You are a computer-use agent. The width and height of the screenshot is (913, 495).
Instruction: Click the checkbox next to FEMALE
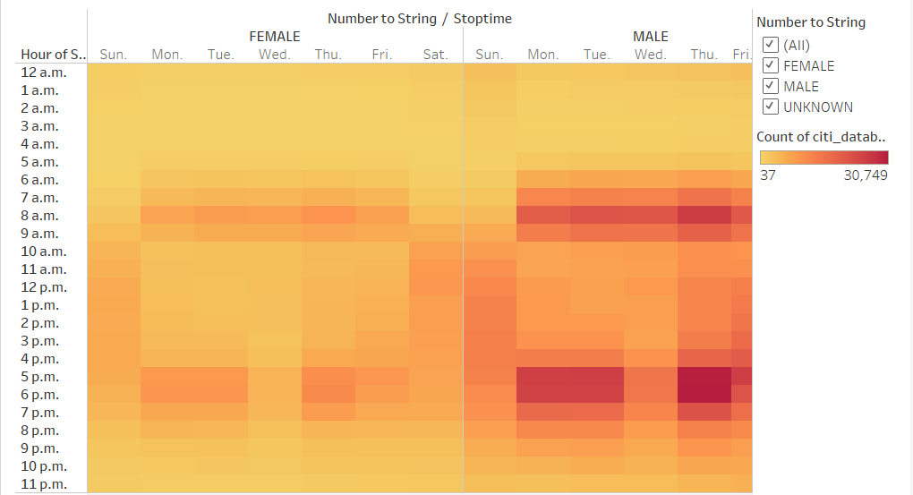click(769, 65)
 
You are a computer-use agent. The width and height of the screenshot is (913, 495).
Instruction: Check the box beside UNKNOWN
click(769, 107)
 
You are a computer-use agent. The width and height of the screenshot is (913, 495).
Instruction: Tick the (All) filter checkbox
click(769, 45)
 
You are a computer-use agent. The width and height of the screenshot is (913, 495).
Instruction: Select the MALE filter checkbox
click(769, 86)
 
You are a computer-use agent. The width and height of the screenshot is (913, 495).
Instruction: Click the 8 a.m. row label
click(39, 216)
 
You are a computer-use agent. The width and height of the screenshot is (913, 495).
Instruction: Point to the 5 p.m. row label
click(39, 377)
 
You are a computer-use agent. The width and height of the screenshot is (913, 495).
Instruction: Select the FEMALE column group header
click(275, 37)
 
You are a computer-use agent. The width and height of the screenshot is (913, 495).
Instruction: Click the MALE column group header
click(651, 37)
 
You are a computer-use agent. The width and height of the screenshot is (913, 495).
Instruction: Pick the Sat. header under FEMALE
click(436, 55)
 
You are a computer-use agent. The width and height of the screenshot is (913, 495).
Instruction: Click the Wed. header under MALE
click(651, 55)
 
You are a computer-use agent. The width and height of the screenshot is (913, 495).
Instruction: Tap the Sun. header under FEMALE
click(114, 55)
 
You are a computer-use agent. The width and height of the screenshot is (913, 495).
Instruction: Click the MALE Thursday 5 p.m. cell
click(704, 377)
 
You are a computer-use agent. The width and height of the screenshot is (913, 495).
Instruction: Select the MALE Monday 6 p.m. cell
click(543, 395)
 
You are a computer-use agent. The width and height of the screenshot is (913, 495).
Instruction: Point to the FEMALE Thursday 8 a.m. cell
click(329, 216)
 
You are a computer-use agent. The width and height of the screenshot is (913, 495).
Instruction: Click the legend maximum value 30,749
click(865, 175)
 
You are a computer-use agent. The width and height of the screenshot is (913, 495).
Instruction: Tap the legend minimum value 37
click(767, 175)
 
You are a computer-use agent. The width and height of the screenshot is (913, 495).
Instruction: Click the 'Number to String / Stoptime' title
click(420, 18)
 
